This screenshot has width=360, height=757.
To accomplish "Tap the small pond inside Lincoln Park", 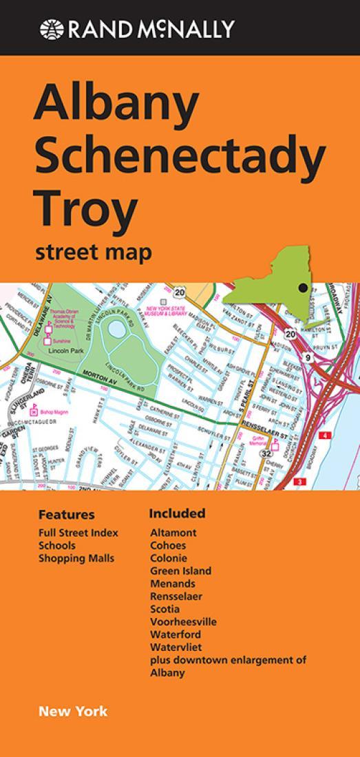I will pyautogui.click(x=117, y=331).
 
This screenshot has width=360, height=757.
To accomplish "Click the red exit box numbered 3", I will pyautogui.click(x=299, y=482).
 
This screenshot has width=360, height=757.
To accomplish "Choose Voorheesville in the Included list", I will pyautogui.click(x=183, y=621).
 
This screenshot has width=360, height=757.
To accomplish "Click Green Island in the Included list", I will pyautogui.click(x=180, y=571).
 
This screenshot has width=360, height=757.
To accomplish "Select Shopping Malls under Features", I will pyautogui.click(x=76, y=558).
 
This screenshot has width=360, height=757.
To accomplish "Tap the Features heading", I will pyautogui.click(x=66, y=515).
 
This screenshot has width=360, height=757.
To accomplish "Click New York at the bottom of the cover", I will pyautogui.click(x=73, y=712).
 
